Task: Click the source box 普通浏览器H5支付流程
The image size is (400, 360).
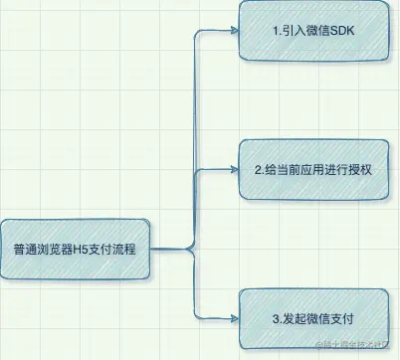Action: tap(81, 247)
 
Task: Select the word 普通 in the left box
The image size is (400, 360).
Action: tap(25, 248)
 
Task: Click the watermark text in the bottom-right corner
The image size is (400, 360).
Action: tap(355, 345)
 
